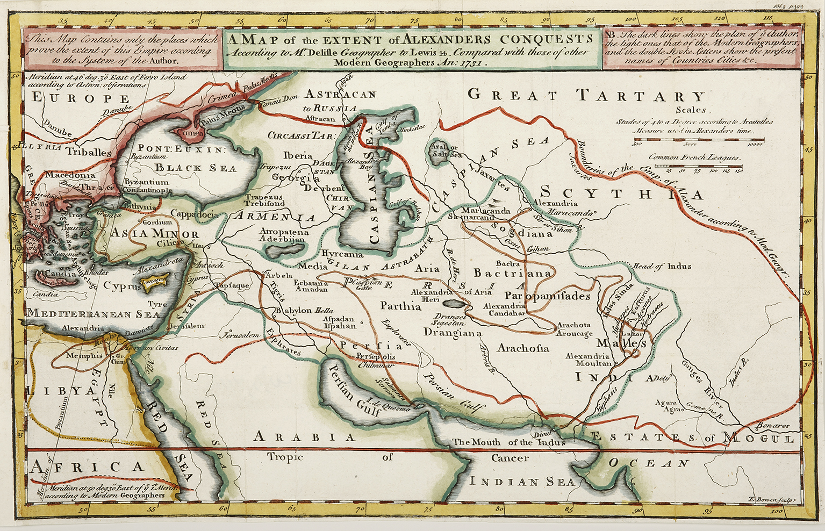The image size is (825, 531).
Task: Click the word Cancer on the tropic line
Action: click(x=510, y=458)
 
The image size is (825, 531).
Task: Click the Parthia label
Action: click(x=400, y=306)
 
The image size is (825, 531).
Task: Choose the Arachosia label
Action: click(x=523, y=348)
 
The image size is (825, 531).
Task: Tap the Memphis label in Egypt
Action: click(x=84, y=355)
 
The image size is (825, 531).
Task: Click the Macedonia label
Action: click(x=70, y=175)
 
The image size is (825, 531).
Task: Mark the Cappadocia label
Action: click(x=195, y=213)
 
